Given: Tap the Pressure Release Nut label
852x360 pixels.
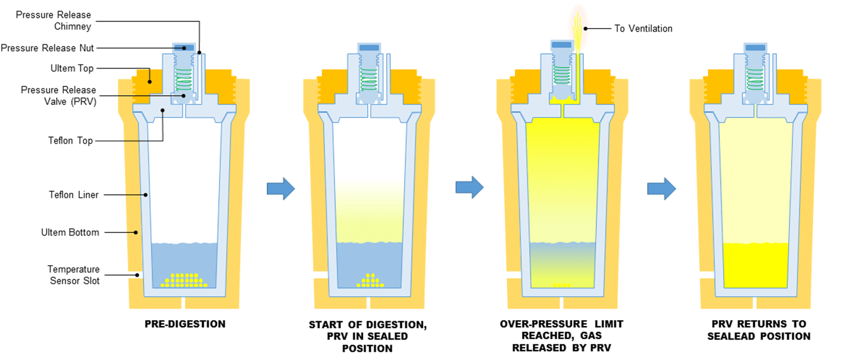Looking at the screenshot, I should [x=47, y=48].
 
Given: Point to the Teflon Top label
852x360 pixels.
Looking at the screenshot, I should [x=70, y=141].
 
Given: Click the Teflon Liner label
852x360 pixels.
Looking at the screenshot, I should [x=73, y=194].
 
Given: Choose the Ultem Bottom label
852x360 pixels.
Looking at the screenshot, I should [x=70, y=232].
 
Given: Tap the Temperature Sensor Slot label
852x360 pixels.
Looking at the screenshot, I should [x=73, y=275].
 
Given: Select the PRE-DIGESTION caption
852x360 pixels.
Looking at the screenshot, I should [x=185, y=324].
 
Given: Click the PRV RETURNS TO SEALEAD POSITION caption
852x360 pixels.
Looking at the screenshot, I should [x=758, y=330].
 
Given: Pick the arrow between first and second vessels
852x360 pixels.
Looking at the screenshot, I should [x=281, y=188].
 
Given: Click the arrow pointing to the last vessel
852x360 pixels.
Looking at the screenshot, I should [x=661, y=188].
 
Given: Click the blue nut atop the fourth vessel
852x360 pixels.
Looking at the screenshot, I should [x=755, y=47].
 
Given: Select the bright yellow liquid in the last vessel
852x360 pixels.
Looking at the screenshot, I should [x=755, y=265].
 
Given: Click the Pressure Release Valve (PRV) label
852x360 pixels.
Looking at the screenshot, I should [x=58, y=95].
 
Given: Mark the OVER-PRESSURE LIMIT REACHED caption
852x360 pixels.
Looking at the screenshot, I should [x=562, y=335].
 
